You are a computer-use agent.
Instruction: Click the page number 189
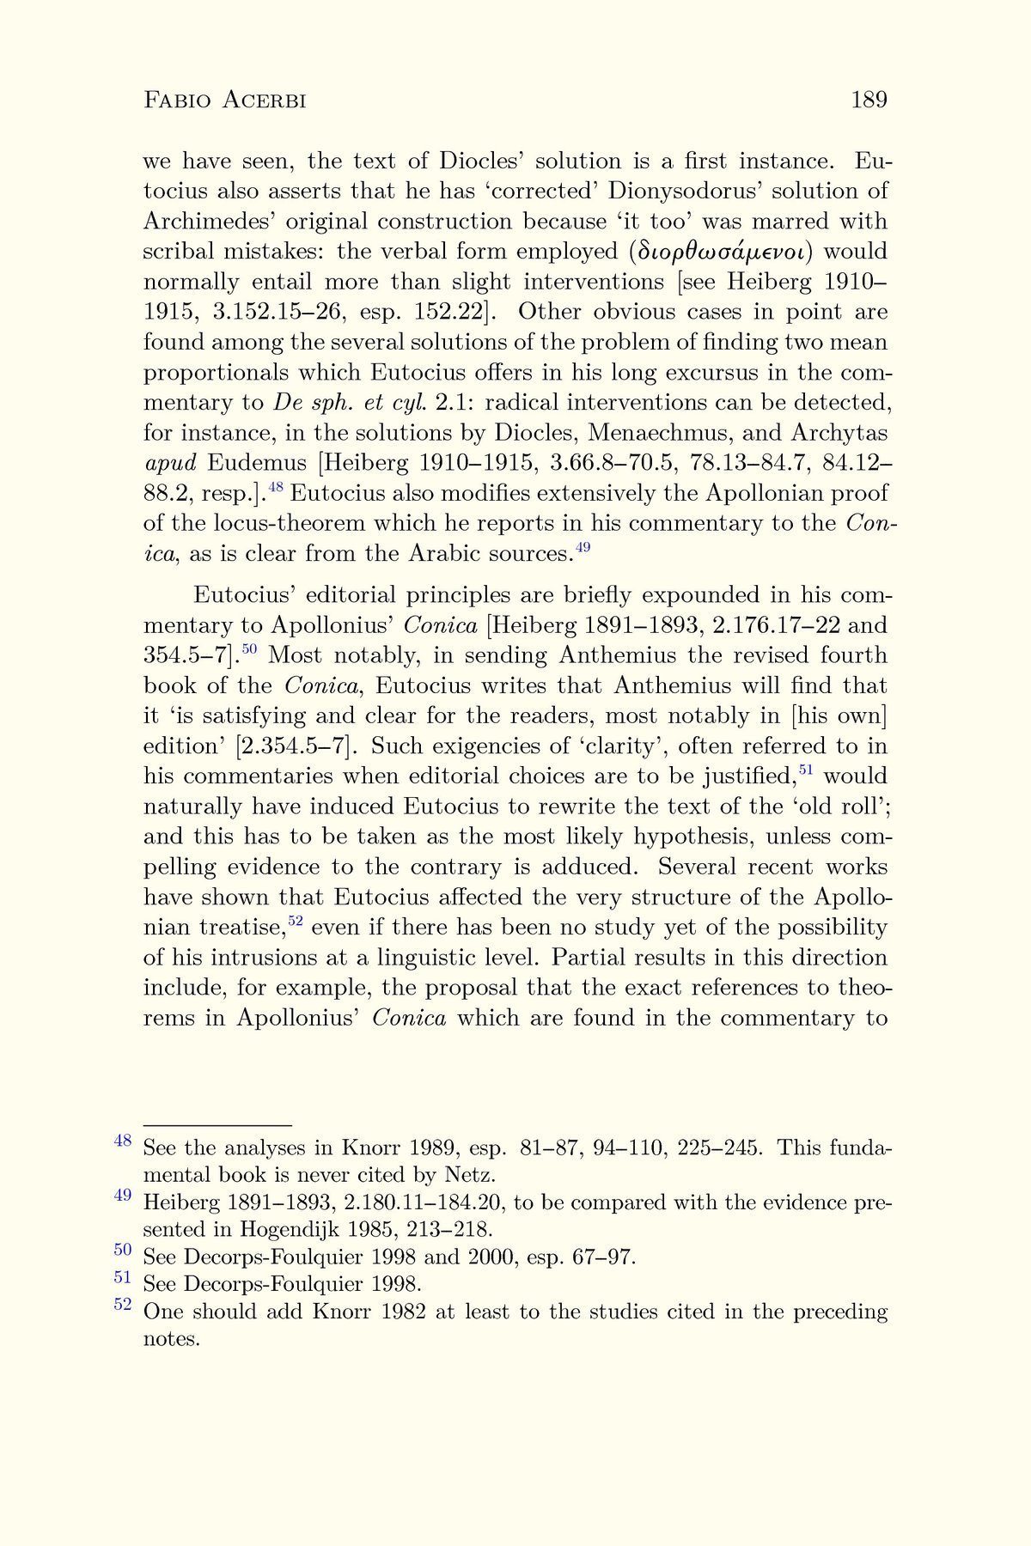869,100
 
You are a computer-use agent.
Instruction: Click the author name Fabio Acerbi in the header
225,100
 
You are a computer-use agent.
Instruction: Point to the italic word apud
170,463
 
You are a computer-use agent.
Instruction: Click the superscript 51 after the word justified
805,770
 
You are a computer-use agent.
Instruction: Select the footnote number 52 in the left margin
123,1304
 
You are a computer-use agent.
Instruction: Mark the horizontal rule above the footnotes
217,1124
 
